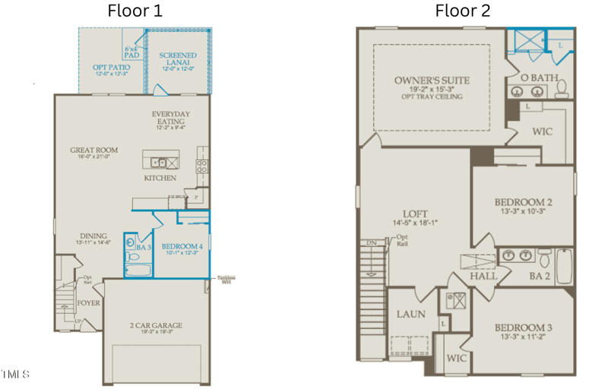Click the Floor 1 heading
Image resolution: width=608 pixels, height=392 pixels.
[x=135, y=11]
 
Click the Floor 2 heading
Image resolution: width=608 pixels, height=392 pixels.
[x=462, y=11]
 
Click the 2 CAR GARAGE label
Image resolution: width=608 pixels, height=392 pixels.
[x=156, y=325]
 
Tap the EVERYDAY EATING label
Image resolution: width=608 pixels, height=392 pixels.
[x=170, y=119]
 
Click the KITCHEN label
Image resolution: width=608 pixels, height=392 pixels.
[x=160, y=178]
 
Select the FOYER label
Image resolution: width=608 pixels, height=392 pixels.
[x=88, y=302]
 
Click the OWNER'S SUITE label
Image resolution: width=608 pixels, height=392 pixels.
[x=432, y=81]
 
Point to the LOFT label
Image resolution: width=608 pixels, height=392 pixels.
[x=415, y=213]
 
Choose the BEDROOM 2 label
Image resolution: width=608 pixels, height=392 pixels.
[x=523, y=202]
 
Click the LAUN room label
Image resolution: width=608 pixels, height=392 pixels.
[x=410, y=314]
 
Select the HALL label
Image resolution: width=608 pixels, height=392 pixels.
[x=483, y=276]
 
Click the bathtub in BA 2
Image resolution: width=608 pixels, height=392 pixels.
[x=563, y=264]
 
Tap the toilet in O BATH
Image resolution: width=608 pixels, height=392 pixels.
[x=561, y=90]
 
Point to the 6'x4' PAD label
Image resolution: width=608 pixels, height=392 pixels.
[x=132, y=52]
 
